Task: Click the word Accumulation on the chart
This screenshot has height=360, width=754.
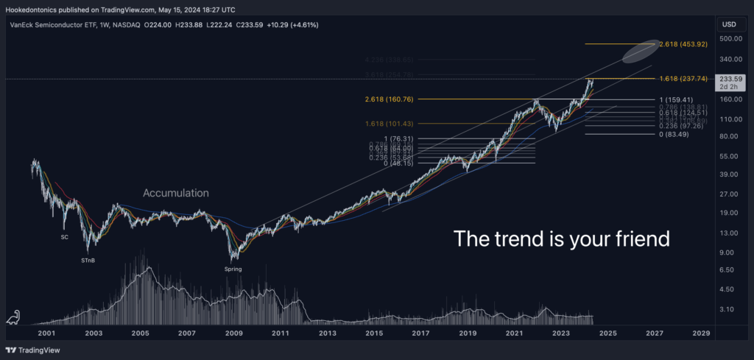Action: point(175,193)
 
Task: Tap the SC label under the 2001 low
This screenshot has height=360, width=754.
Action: point(64,237)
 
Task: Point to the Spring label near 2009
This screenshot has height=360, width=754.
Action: point(233,269)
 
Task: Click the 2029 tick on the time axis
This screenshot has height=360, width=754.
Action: point(700,333)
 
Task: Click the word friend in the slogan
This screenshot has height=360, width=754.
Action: point(644,239)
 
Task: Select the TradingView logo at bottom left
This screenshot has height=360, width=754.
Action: point(33,350)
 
